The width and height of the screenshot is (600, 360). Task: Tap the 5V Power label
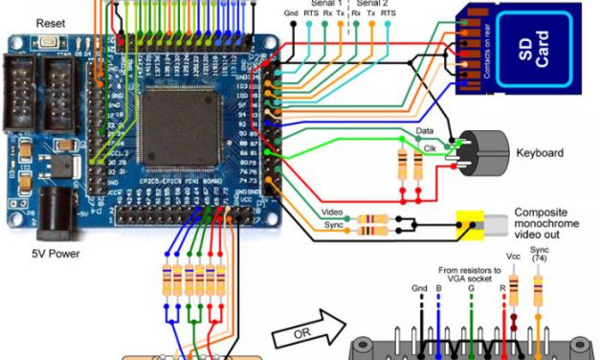point(55,254)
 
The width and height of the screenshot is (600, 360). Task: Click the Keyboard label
point(542,152)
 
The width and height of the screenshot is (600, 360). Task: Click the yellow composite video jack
point(471,226)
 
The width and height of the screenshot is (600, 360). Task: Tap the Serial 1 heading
point(326,4)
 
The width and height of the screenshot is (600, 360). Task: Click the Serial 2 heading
point(372,4)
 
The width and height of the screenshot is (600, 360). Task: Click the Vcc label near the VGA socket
point(513,258)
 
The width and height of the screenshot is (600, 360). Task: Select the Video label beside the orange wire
point(332,212)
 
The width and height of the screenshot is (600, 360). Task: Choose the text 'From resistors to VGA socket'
point(471,274)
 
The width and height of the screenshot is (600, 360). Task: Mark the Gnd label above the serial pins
point(291,12)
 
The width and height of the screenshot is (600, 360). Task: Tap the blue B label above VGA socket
point(438,287)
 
